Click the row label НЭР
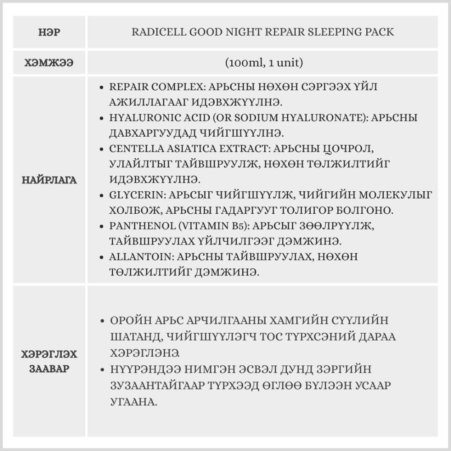pyautogui.click(x=50, y=32)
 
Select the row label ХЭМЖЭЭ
pyautogui.click(x=50, y=63)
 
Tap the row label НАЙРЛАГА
pyautogui.click(x=50, y=180)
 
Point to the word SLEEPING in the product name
pyautogui.click(x=339, y=32)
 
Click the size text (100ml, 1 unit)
pyautogui.click(x=264, y=63)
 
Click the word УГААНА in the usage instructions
pyautogui.click(x=133, y=402)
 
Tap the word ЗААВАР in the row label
pyautogui.click(x=50, y=368)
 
